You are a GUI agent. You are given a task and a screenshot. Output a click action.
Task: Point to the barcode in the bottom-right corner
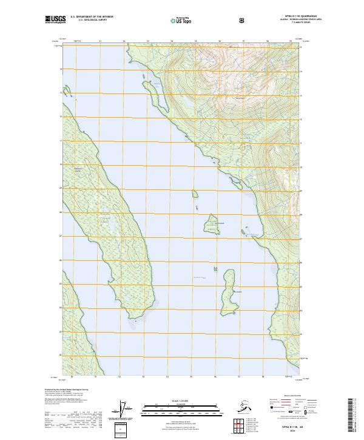coord(351,415)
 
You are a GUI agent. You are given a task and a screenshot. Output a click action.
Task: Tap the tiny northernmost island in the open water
coord(196,194)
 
